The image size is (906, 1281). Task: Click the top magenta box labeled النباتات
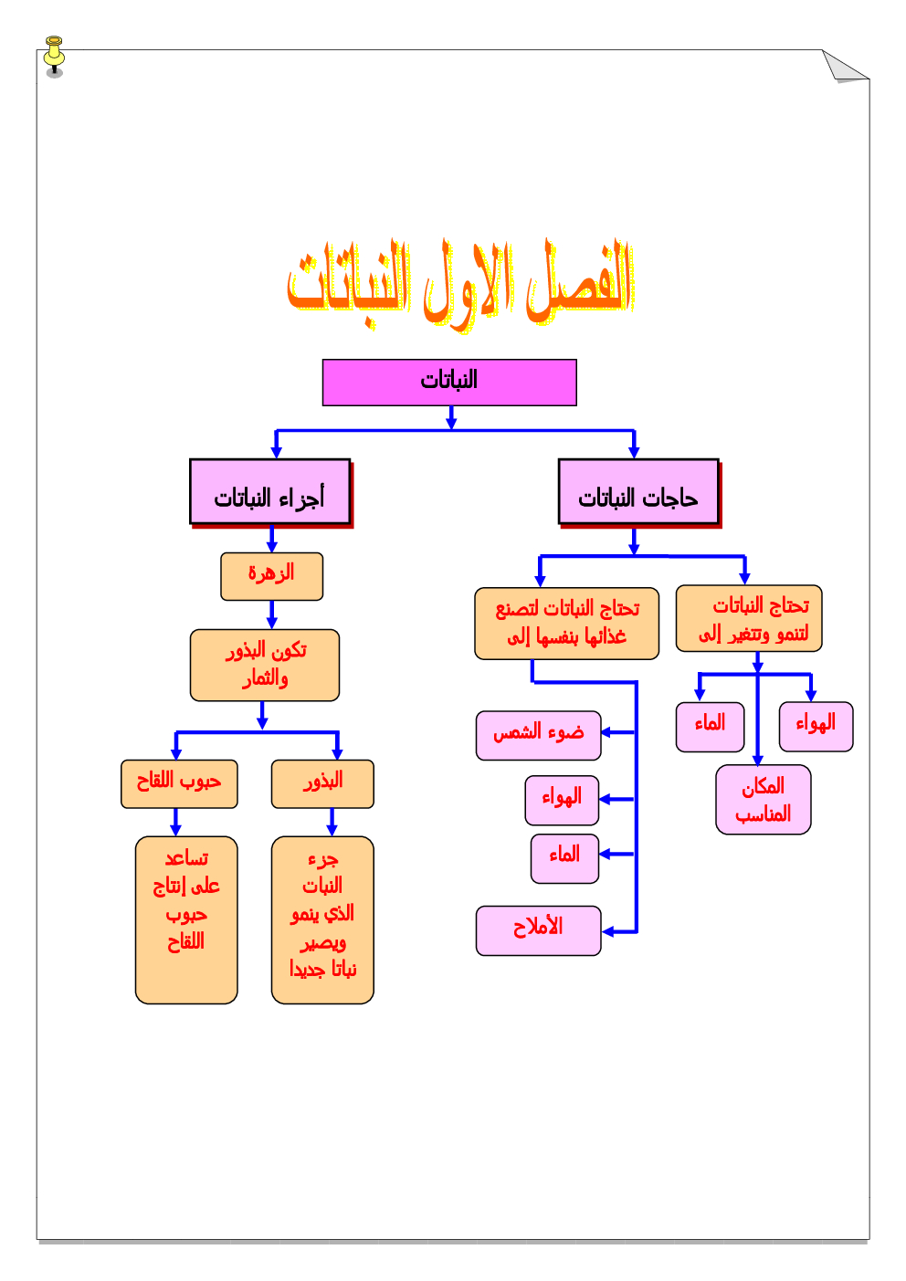(x=449, y=382)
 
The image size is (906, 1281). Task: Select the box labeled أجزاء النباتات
(x=269, y=492)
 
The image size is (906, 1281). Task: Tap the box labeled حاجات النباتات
(x=638, y=492)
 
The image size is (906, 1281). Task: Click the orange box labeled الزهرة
(x=271, y=576)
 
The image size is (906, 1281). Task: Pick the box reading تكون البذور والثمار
(x=264, y=665)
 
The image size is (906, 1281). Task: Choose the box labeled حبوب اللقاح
(x=179, y=783)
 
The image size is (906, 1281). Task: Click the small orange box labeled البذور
(x=322, y=783)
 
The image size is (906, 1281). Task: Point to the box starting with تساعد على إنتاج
(x=186, y=919)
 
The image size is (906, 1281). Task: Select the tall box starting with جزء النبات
(x=322, y=919)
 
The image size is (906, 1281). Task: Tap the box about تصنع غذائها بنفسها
(x=566, y=623)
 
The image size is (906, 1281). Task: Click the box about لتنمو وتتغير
(x=749, y=618)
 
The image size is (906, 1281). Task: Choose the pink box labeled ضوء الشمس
(x=538, y=735)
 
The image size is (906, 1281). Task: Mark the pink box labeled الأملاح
(x=538, y=930)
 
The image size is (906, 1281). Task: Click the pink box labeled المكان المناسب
(x=763, y=799)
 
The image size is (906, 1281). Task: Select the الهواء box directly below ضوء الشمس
(x=562, y=800)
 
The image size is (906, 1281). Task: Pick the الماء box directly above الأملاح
(x=564, y=858)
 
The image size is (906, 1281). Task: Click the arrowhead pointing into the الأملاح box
(x=607, y=931)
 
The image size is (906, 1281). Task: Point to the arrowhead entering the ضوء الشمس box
(x=606, y=732)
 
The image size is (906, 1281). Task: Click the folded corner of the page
(x=841, y=68)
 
